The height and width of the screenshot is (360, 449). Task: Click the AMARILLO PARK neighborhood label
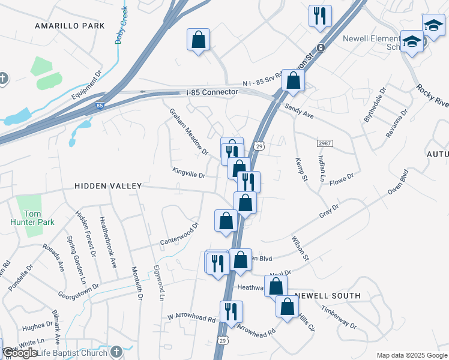70,26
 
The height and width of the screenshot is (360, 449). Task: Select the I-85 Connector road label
212,92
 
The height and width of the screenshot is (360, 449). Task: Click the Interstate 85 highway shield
98,106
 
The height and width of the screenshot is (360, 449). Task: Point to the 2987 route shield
324,143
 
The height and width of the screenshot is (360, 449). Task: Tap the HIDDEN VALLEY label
108,187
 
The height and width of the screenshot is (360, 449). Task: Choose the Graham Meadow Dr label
188,131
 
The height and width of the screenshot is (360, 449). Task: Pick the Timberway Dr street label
339,318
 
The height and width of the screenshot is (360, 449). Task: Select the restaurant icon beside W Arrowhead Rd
231,312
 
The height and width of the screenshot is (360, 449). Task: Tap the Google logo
20,353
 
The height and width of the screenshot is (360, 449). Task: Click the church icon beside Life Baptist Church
116,351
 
